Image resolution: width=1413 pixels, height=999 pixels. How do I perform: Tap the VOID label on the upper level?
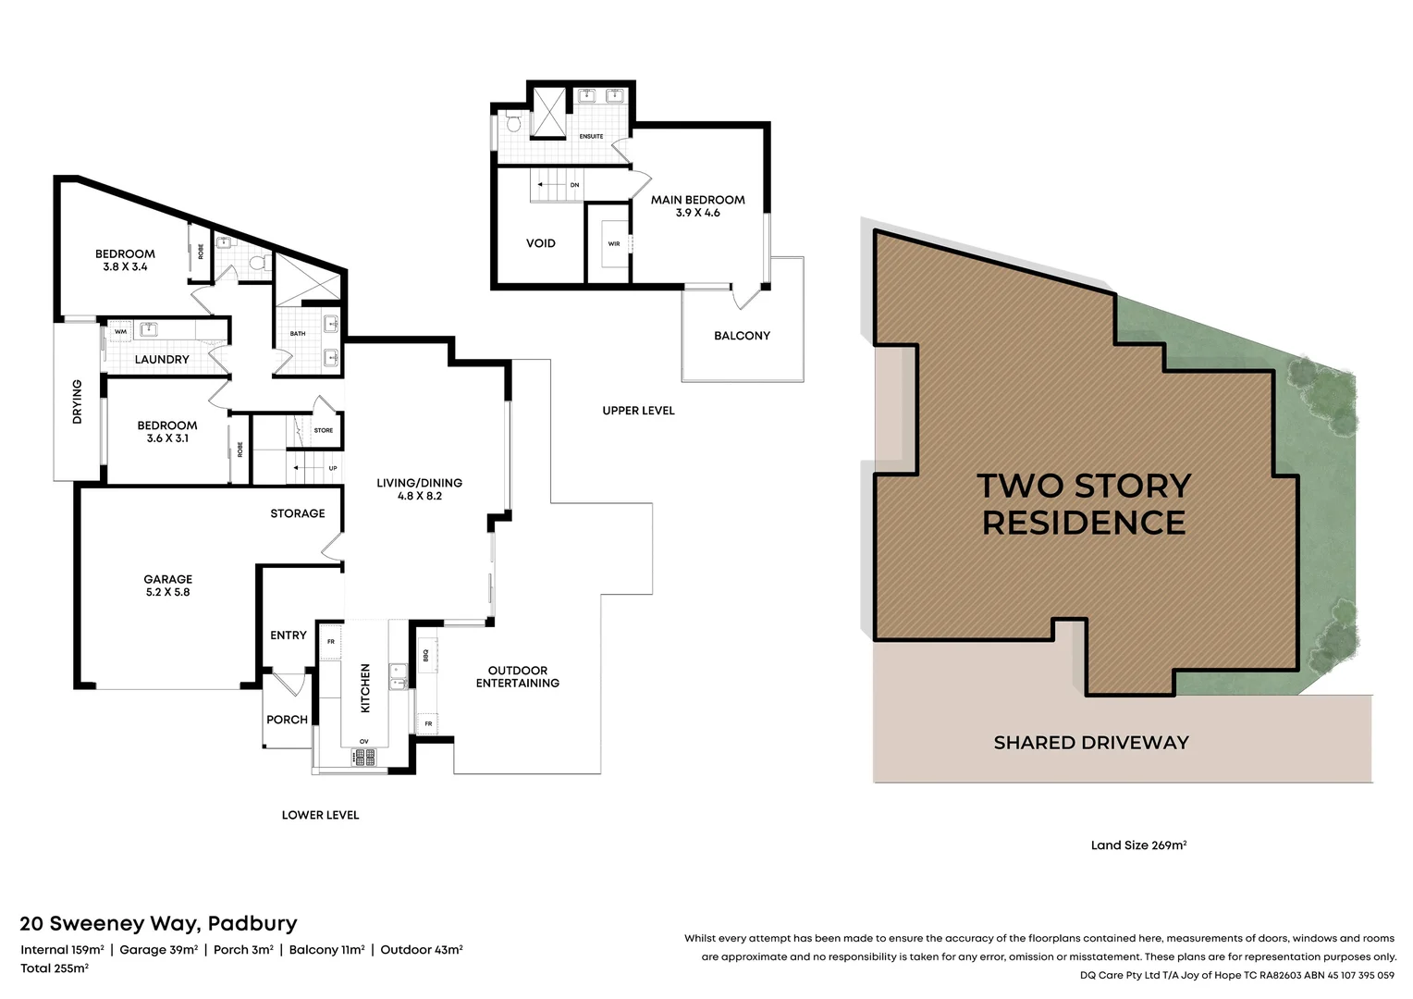[x=541, y=243]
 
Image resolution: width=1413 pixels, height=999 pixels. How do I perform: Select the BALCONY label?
[x=742, y=336]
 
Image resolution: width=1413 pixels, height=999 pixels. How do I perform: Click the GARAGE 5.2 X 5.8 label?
[x=167, y=586]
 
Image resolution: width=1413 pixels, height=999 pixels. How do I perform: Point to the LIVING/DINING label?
[x=419, y=488]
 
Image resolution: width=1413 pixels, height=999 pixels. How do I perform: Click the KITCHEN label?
[x=365, y=687]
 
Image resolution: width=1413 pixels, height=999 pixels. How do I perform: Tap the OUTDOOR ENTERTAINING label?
[x=518, y=676]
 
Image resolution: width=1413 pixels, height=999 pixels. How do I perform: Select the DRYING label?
[x=77, y=401]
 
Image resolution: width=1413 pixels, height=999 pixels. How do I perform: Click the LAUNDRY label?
[x=162, y=359]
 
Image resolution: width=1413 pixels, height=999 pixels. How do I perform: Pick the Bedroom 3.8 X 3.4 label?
[x=125, y=260]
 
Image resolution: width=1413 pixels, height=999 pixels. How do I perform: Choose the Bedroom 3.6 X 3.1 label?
[x=167, y=431]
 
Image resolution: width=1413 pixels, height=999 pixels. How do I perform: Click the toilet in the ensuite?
[x=513, y=121]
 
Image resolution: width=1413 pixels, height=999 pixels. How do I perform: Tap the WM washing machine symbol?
[x=120, y=331]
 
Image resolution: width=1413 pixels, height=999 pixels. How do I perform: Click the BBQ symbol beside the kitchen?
[x=426, y=655]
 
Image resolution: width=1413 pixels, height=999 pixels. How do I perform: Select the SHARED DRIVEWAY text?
[x=1091, y=742]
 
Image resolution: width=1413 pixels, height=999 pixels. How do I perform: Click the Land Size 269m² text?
[x=1138, y=845]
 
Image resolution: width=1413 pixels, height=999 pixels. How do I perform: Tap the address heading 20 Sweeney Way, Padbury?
[x=159, y=923]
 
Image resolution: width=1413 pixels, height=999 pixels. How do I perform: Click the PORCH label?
[x=287, y=719]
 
